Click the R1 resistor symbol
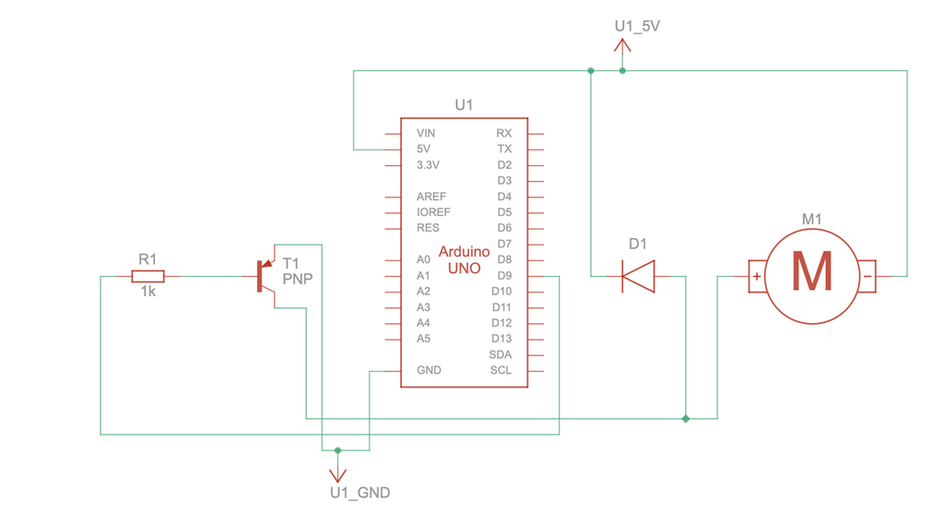tap(147, 276)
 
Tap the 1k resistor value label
tap(147, 292)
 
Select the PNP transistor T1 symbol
tap(264, 276)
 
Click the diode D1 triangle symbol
tap(638, 275)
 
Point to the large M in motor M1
tap(811, 273)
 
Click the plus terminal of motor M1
tap(757, 276)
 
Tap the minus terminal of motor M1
tap(867, 276)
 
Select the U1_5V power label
tap(637, 26)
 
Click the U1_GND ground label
tap(360, 493)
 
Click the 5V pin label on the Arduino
tap(423, 149)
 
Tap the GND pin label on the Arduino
tap(429, 370)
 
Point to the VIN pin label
tap(425, 133)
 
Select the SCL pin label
tap(501, 370)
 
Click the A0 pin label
tap(423, 259)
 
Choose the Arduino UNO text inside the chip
tap(464, 259)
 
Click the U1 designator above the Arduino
tap(464, 105)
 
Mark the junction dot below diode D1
tap(685, 419)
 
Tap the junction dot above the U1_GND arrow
tap(337, 450)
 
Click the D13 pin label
tap(501, 339)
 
